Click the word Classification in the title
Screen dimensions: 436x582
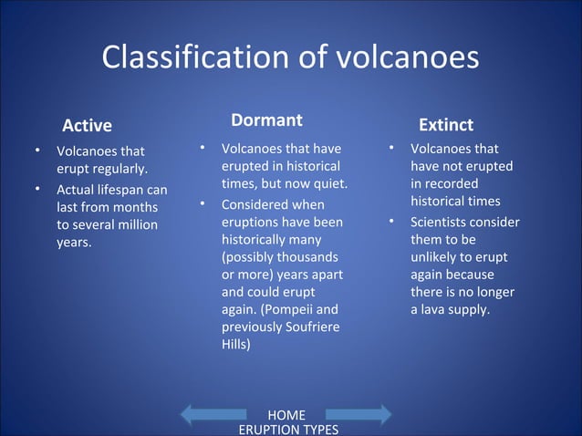(x=191, y=57)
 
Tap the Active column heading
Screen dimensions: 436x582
(x=87, y=125)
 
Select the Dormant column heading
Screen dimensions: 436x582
(x=266, y=120)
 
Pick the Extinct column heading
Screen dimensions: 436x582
(x=445, y=125)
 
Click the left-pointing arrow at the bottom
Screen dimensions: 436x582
(x=214, y=415)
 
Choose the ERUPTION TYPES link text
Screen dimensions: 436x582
(x=287, y=430)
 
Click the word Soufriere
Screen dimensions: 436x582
(x=308, y=327)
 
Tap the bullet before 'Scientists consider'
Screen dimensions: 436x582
(x=390, y=222)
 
